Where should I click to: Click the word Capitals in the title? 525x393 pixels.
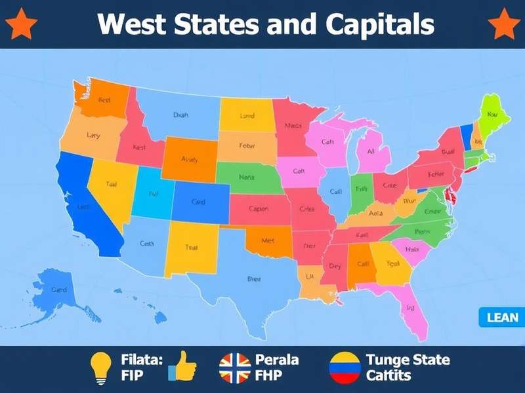click(x=379, y=24)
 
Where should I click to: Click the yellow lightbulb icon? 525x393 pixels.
click(x=100, y=367)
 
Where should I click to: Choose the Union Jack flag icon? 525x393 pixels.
click(x=235, y=367)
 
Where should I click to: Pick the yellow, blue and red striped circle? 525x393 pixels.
click(x=345, y=367)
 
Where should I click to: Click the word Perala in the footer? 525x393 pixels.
click(x=276, y=360)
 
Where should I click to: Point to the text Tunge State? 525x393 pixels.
click(x=408, y=360)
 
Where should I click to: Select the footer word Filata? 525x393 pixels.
click(x=142, y=360)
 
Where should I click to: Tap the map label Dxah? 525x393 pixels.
click(x=180, y=115)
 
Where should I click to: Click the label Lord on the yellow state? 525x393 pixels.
click(x=247, y=116)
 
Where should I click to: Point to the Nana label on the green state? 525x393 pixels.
click(x=247, y=177)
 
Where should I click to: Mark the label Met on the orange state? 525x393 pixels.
click(x=268, y=240)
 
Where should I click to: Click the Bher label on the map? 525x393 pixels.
click(x=254, y=279)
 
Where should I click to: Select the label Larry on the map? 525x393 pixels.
click(x=93, y=136)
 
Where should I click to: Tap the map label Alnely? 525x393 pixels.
click(x=189, y=159)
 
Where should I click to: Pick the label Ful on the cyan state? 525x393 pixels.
click(x=154, y=194)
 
